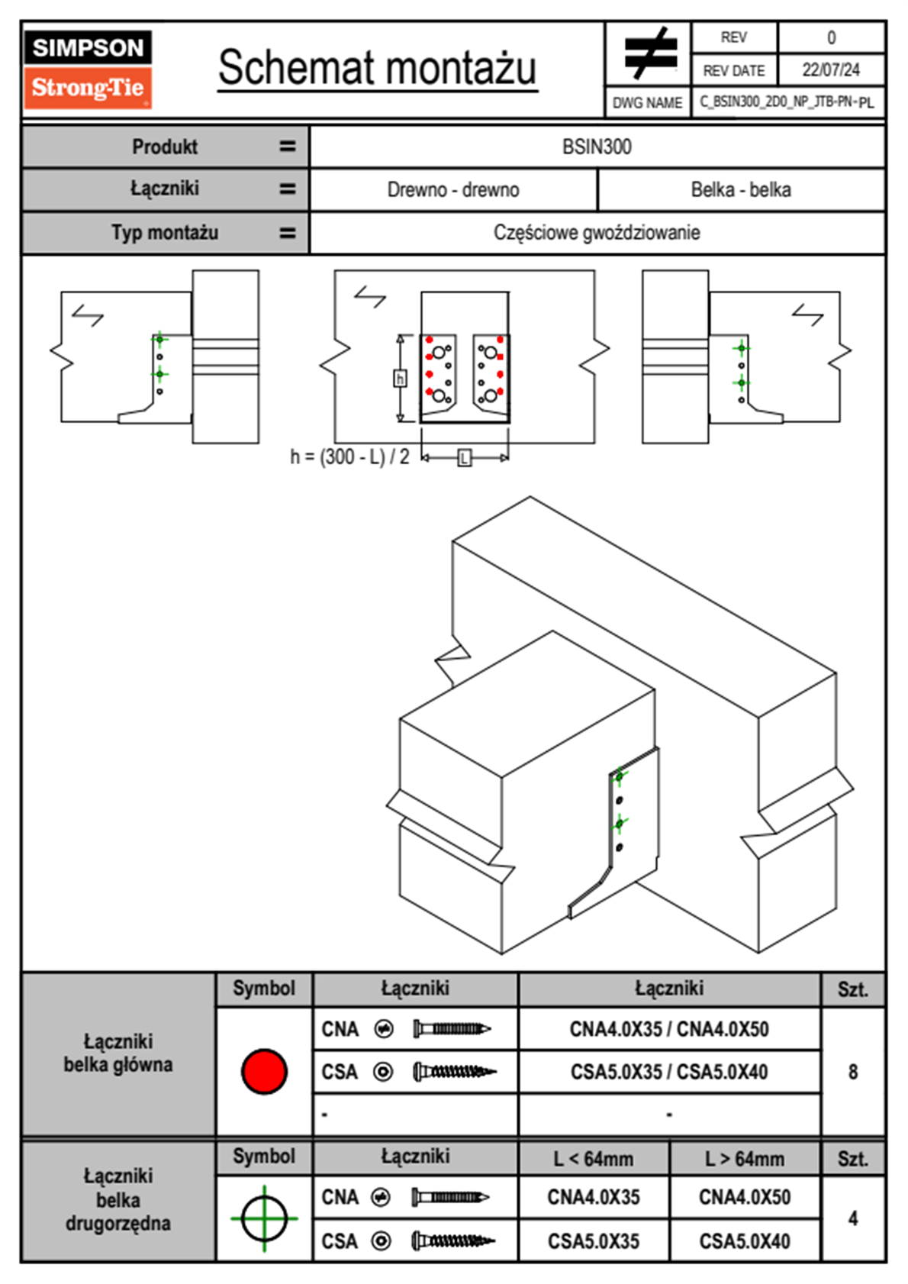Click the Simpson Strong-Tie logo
click(x=88, y=69)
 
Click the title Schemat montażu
click(x=377, y=68)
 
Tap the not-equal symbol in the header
click(x=649, y=54)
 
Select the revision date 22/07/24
click(x=830, y=70)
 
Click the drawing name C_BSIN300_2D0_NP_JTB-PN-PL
click(x=787, y=102)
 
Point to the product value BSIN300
click(x=597, y=147)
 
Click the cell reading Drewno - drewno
click(x=453, y=189)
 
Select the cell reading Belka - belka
click(x=741, y=189)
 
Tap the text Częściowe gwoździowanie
click(x=597, y=232)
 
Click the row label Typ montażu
click(x=165, y=232)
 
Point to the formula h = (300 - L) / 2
click(x=349, y=456)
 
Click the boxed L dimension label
click(x=465, y=458)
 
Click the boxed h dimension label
click(x=400, y=378)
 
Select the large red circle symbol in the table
click(x=264, y=1071)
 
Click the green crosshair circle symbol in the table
click(x=264, y=1218)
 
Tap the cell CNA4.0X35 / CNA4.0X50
click(x=669, y=1029)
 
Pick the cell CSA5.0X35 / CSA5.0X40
click(x=669, y=1072)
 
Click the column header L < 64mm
click(x=594, y=1159)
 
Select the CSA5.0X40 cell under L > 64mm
click(x=745, y=1241)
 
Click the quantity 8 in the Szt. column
click(x=852, y=1072)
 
